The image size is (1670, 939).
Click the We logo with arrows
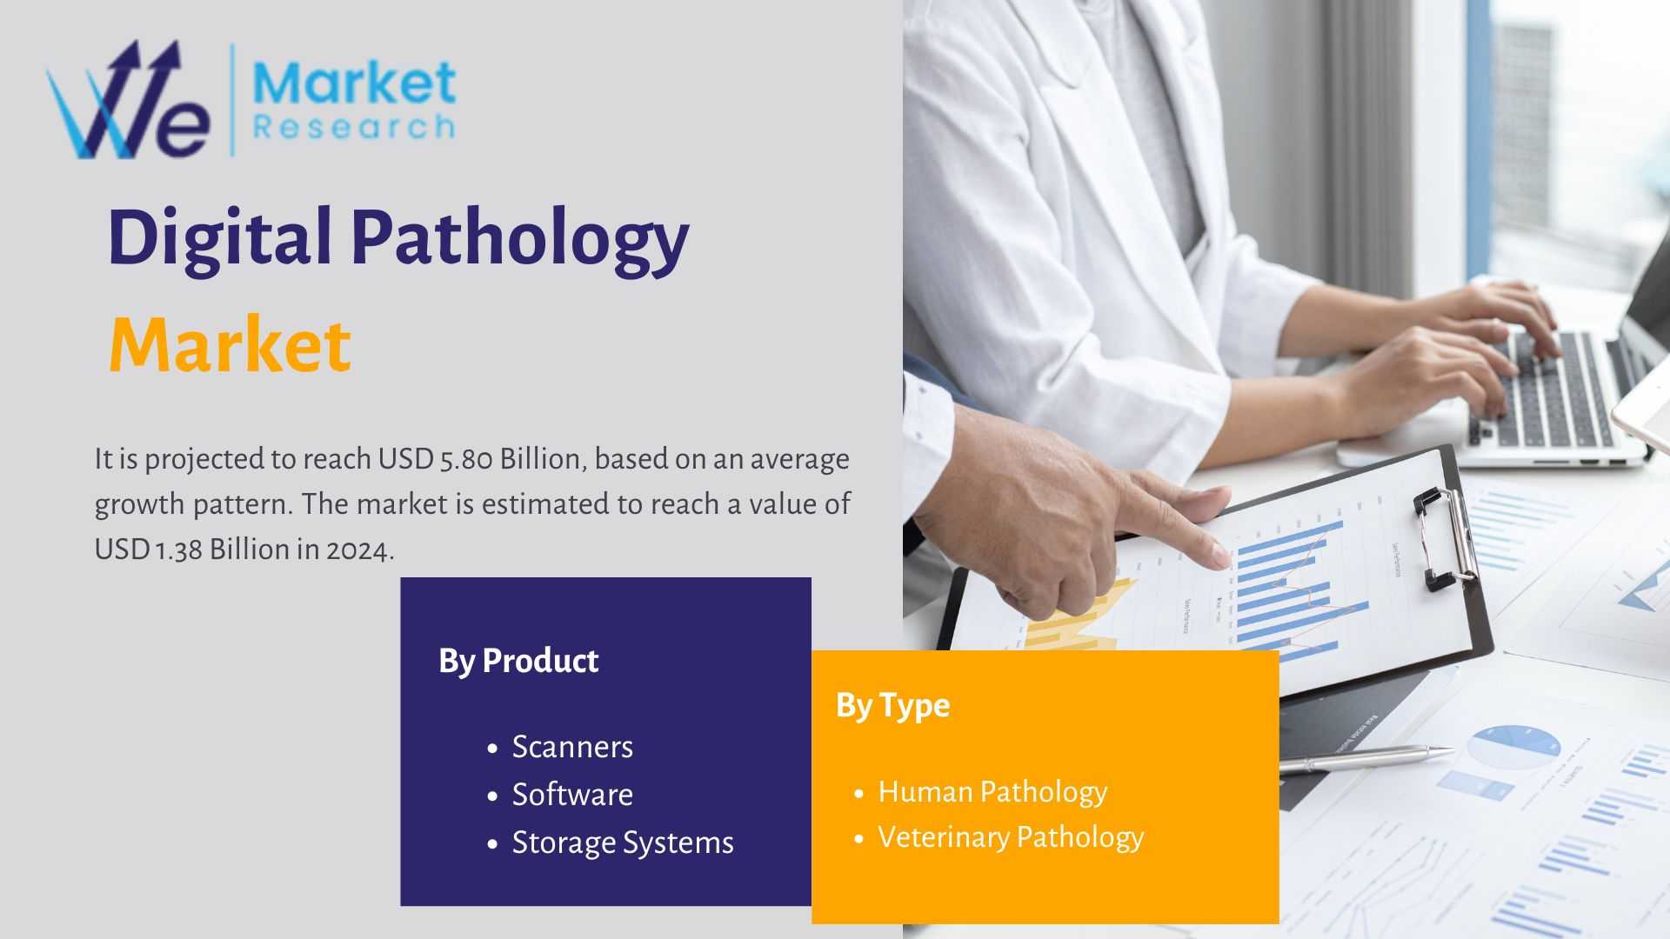coord(128,100)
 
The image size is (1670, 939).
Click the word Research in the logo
coord(354,128)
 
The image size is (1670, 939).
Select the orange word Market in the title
coord(230,345)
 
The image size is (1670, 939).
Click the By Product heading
coord(518,662)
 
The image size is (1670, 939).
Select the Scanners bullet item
coord(572,747)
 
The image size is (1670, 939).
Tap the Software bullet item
coord(572,795)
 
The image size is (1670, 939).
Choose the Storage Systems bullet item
coord(623,843)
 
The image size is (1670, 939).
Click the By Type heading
coord(892,706)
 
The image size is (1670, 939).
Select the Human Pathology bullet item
coord(992,792)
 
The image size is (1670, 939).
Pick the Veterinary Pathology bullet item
coord(1011,837)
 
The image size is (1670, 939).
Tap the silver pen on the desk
coord(1365,759)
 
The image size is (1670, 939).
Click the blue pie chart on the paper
coord(1513,746)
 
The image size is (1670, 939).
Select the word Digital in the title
coord(220,237)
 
